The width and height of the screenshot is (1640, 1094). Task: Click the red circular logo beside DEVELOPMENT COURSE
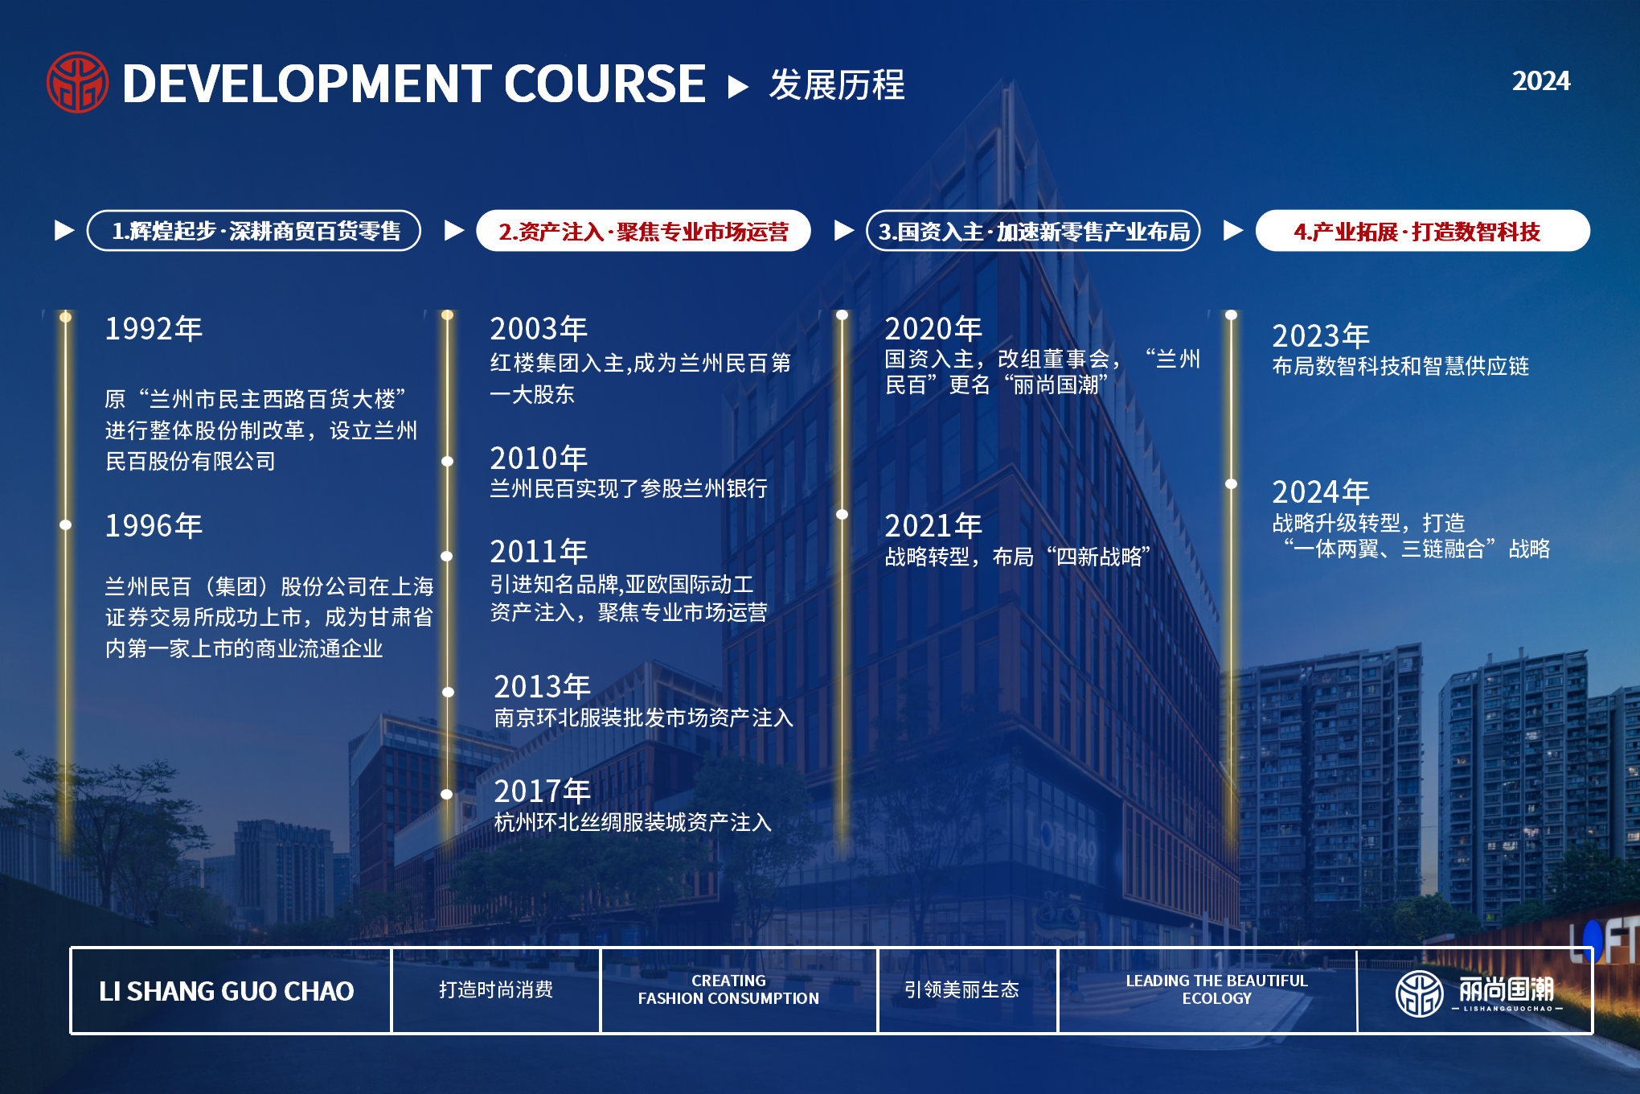pos(77,83)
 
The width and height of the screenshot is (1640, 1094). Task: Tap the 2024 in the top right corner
pos(1540,81)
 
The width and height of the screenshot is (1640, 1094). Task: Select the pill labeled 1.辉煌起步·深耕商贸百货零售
pos(254,231)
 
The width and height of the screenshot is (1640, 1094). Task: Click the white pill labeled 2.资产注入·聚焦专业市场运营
pos(643,231)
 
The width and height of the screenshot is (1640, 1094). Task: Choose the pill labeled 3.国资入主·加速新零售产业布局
pos(1033,231)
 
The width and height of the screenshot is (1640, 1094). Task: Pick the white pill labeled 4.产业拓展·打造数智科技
pos(1423,231)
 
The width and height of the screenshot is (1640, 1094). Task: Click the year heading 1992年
pos(154,329)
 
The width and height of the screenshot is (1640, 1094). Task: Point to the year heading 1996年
pos(154,526)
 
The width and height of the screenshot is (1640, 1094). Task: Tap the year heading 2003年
pos(539,329)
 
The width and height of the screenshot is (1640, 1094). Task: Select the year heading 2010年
pos(539,459)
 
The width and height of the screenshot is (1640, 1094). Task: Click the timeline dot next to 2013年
pos(448,692)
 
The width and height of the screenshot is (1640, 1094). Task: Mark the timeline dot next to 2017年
pos(447,794)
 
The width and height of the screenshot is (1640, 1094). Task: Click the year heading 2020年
pos(933,329)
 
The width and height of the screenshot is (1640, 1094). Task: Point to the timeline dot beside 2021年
pos(842,514)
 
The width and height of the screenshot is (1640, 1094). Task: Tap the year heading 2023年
pos(1321,336)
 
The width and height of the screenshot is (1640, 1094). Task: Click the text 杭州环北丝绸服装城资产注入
pos(633,822)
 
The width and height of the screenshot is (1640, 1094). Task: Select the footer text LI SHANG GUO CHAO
pos(226,991)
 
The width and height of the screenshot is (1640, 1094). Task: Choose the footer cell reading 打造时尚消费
pos(496,989)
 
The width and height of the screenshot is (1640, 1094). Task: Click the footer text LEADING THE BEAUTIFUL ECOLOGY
pos(1216,989)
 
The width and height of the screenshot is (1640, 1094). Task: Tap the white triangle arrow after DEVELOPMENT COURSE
pos(738,86)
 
